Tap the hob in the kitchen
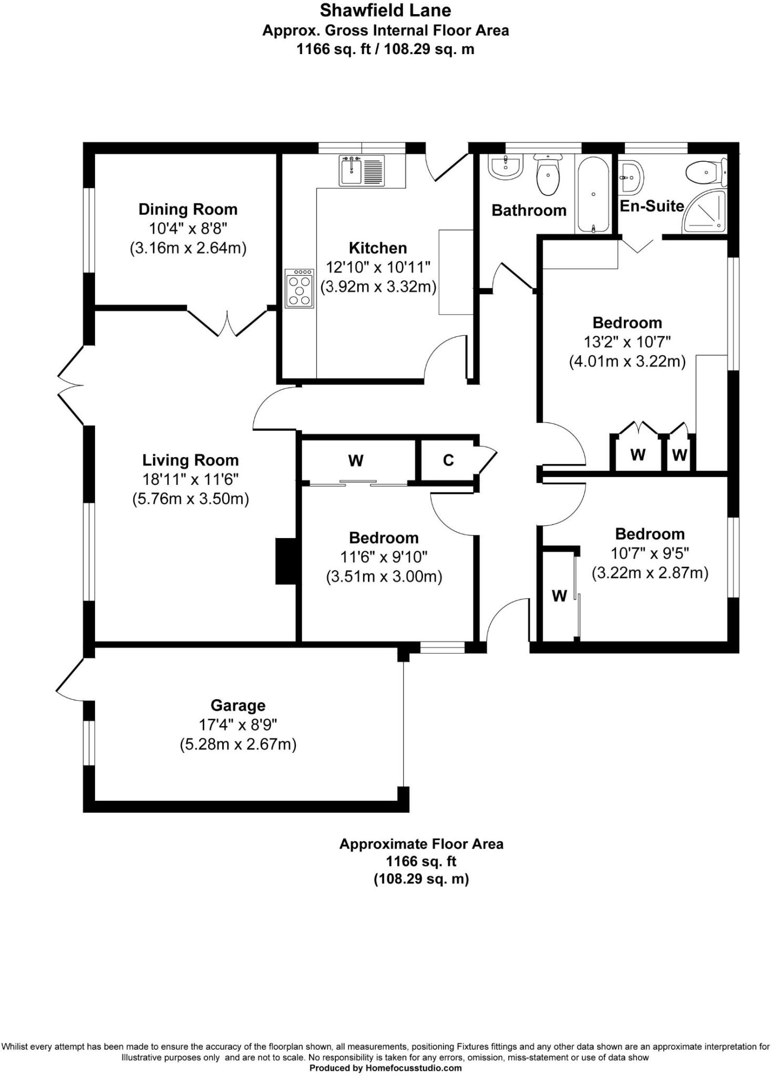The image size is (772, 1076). [x=300, y=288]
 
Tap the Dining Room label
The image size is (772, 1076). [x=188, y=209]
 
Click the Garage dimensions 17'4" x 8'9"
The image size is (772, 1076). [x=238, y=725]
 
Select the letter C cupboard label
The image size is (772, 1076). [x=448, y=460]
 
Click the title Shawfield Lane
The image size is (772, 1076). [x=385, y=10]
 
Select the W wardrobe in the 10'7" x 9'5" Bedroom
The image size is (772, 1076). [x=559, y=595]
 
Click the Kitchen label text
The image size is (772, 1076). [x=377, y=248]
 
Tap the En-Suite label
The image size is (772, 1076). [x=652, y=206]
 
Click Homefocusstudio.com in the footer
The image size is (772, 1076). [x=414, y=1068]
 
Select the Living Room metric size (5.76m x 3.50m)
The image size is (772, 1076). [x=190, y=499]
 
